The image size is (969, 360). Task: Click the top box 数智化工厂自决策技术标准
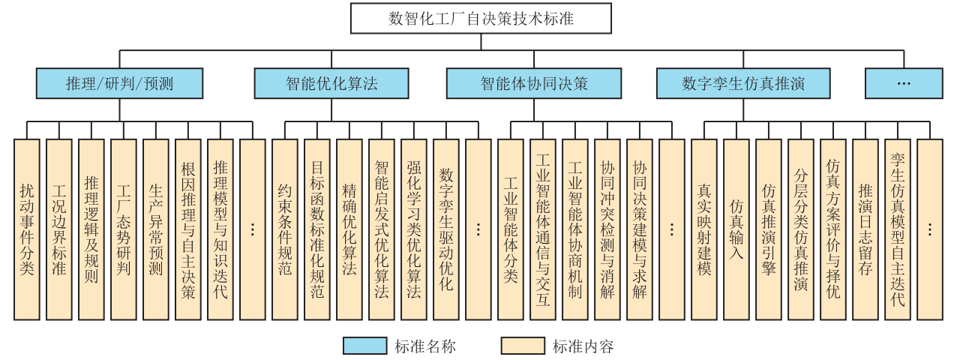(481, 18)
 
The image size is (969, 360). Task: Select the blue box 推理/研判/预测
(119, 83)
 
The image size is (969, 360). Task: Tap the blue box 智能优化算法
(331, 83)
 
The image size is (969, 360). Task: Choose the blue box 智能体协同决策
(534, 83)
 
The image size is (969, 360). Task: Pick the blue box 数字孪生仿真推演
(743, 83)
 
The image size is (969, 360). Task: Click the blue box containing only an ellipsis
(904, 83)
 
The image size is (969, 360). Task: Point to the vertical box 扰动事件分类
(27, 229)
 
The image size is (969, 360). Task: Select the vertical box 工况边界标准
(58, 229)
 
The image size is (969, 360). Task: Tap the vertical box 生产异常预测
(156, 229)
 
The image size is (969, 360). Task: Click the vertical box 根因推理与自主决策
(188, 229)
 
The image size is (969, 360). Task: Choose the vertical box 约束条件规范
(285, 229)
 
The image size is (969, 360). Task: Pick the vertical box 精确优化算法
(349, 229)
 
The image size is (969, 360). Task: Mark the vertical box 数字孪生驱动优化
(446, 229)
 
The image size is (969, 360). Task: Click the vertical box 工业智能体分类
(511, 229)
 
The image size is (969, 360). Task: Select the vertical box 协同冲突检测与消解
(607, 229)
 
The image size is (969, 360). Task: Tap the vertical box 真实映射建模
(703, 229)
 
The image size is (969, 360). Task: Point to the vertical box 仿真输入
(736, 229)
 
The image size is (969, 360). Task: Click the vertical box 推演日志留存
(865, 229)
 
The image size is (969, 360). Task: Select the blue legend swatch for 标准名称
(364, 346)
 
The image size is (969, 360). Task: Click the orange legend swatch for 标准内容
(523, 346)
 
